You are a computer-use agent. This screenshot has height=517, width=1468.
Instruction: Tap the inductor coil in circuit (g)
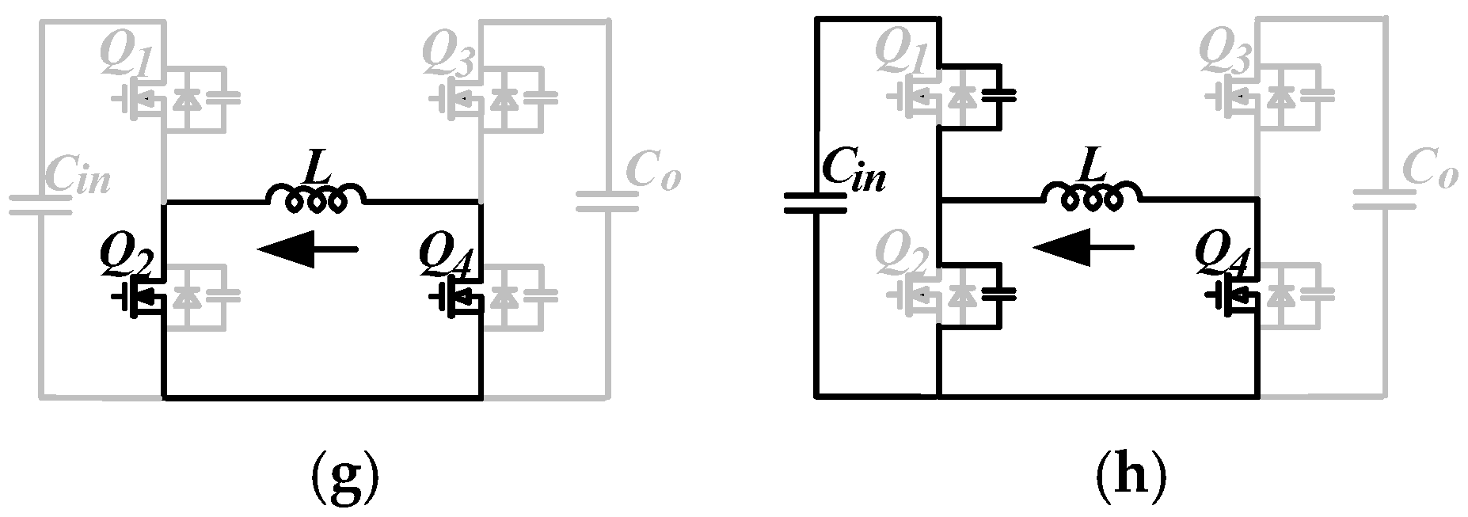click(x=317, y=198)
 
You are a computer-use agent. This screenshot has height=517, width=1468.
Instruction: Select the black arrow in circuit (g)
click(x=307, y=249)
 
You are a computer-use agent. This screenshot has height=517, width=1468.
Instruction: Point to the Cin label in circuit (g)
click(x=77, y=176)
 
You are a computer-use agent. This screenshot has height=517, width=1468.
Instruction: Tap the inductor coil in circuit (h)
click(x=1093, y=198)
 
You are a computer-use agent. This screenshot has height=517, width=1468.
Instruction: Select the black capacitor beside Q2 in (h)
click(x=998, y=293)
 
